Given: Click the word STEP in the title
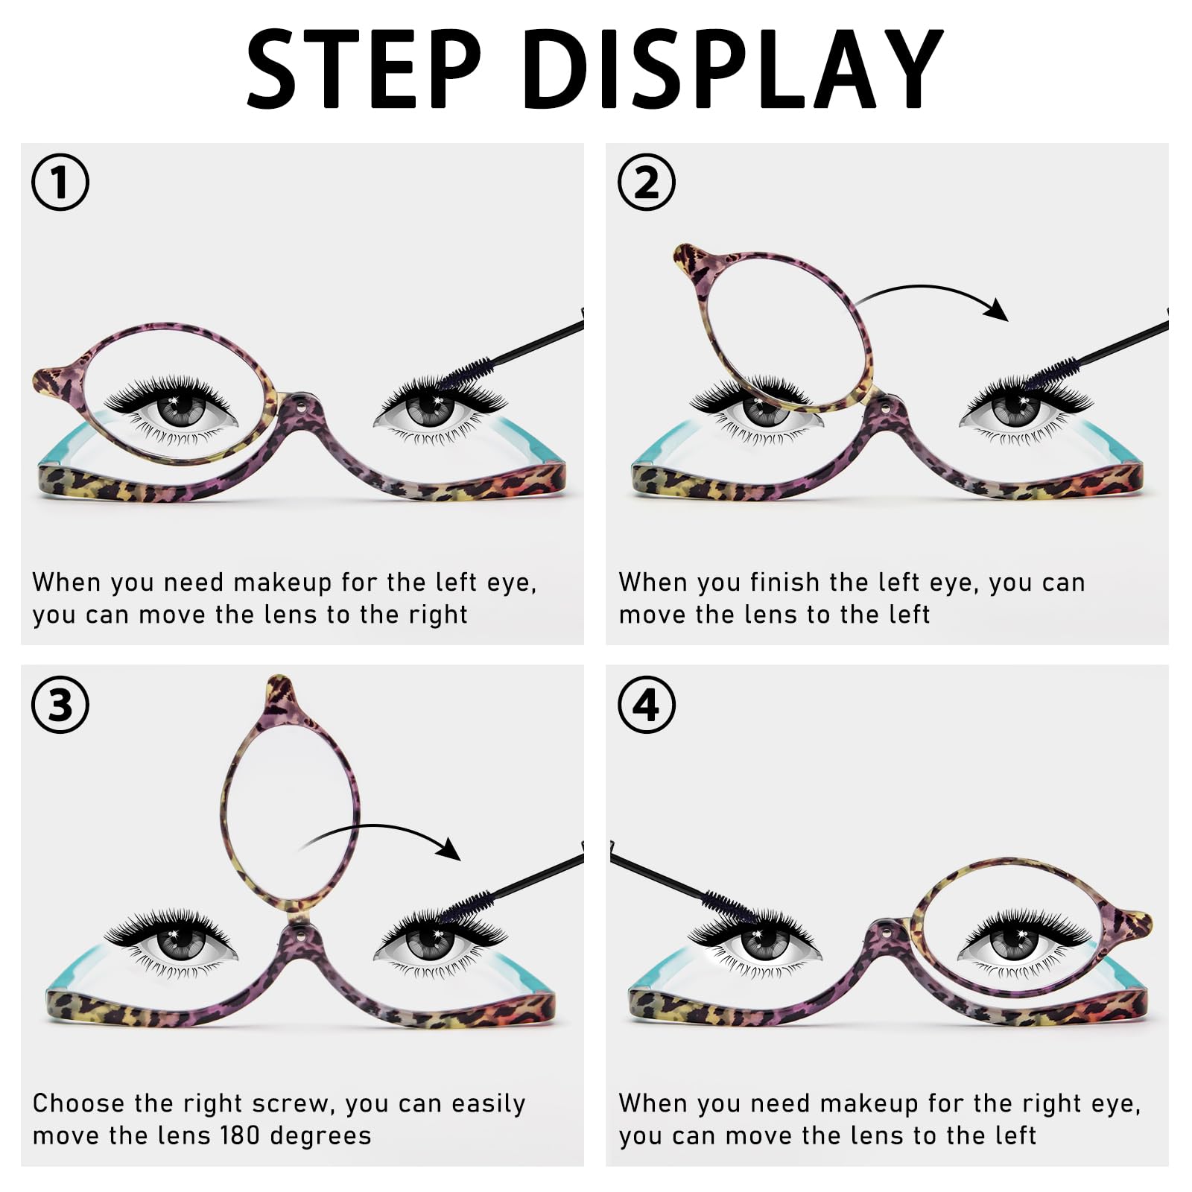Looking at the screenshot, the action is coord(364,69).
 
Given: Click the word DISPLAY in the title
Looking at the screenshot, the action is coord(734,69).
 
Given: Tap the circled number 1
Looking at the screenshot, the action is coord(60,182).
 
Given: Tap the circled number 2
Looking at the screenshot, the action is coord(647,182).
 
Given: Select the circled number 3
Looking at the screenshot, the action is coord(60,704).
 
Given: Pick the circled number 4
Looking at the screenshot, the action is coord(647,704).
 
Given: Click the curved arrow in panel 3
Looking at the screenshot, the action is coord(380,828).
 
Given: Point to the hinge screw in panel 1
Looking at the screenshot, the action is coord(299,406).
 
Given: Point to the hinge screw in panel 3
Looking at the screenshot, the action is coord(299,929).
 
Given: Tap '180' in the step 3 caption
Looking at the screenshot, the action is coord(240,1135).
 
